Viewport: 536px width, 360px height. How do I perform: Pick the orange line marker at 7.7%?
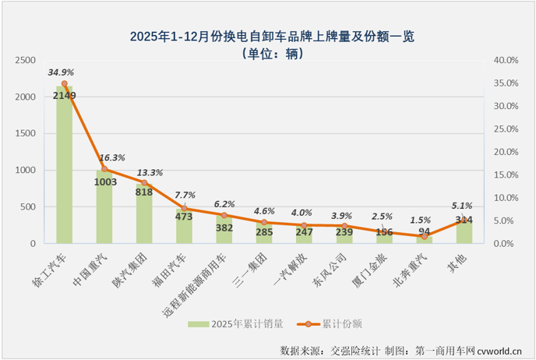(x=184, y=208)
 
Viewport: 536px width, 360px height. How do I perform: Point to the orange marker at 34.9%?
(x=64, y=83)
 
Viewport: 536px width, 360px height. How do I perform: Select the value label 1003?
(x=104, y=182)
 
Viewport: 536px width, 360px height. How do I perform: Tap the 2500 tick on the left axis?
(x=26, y=60)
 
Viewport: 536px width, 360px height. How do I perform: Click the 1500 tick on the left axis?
(x=26, y=133)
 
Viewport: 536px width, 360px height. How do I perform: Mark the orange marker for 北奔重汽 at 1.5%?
(x=425, y=236)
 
